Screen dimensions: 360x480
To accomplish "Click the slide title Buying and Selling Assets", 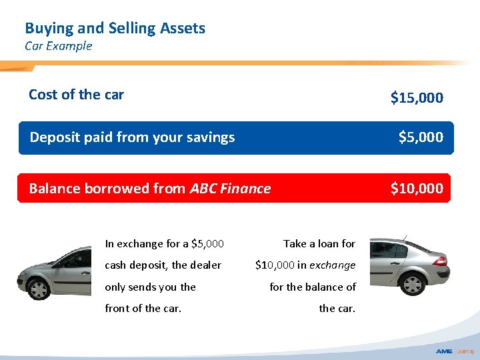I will [x=115, y=28].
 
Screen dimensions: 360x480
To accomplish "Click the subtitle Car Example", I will [x=58, y=46].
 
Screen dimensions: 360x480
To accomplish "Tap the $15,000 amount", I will [x=416, y=98].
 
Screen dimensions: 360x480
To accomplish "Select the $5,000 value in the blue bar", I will [x=420, y=137].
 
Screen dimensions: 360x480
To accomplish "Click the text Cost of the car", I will [x=76, y=95].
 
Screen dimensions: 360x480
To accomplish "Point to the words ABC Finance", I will [x=230, y=189].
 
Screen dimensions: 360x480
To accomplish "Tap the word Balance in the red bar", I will [x=54, y=189].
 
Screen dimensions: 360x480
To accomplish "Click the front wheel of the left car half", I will [x=39, y=288].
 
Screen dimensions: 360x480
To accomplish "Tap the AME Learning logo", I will [x=455, y=351].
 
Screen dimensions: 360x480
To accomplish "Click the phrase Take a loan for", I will [x=319, y=243].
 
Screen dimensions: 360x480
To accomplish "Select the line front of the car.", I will [x=143, y=309].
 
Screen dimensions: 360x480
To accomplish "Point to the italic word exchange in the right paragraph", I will [x=332, y=265].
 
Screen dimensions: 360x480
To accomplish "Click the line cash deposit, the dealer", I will [x=163, y=265].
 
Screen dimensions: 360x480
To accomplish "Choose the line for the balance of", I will [x=313, y=287].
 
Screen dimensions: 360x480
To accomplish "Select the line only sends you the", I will [x=150, y=287].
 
